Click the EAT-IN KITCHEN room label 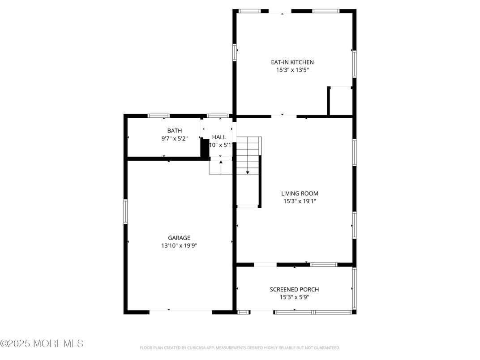click(292, 62)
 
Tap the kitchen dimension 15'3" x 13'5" click(292, 70)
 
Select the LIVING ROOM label click(300, 193)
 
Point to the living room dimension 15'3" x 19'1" click(300, 201)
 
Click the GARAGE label click(179, 238)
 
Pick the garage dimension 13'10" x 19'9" click(179, 246)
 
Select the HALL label click(219, 137)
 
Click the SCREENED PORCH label click(294, 290)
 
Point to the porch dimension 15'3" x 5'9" click(294, 297)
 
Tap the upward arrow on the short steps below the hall click(221, 163)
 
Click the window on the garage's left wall click(126, 211)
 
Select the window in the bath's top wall click(159, 116)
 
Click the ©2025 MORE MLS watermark click(42, 344)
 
